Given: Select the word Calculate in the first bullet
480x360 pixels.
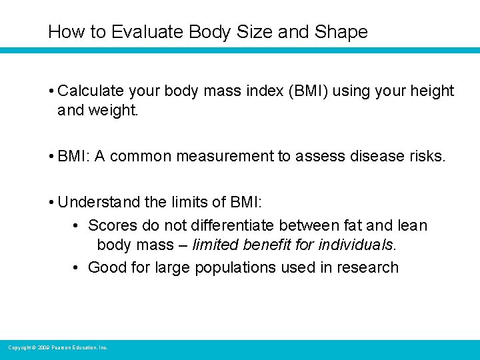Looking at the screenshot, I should (x=92, y=91).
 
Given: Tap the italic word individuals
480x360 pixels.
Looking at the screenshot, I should (x=356, y=245).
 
